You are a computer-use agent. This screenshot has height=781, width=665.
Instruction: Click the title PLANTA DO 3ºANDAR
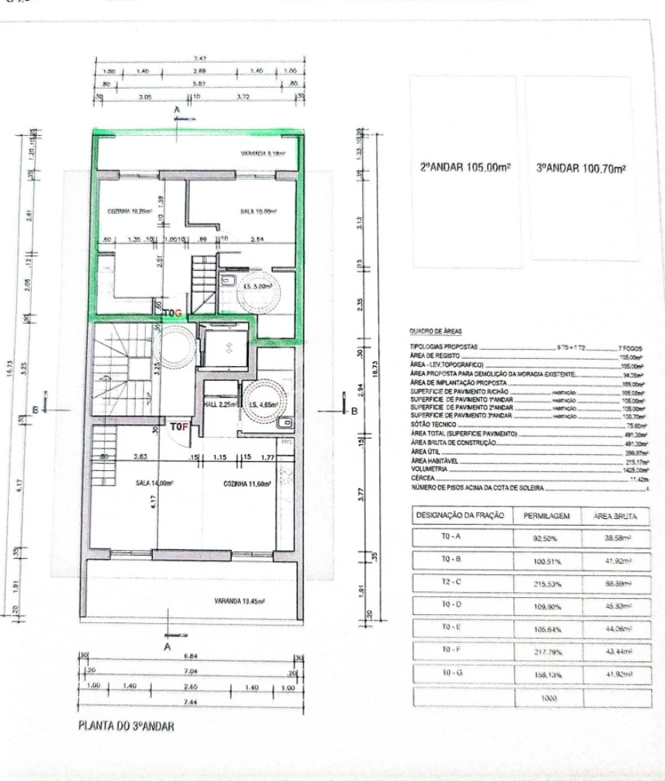(x=126, y=726)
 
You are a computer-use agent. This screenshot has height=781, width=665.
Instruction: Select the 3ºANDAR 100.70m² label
(x=581, y=168)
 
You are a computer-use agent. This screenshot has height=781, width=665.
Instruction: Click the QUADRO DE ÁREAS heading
(x=434, y=333)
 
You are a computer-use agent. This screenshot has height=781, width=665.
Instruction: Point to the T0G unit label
(x=172, y=313)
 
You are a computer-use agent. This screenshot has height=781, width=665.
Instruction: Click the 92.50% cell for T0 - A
(x=544, y=538)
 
